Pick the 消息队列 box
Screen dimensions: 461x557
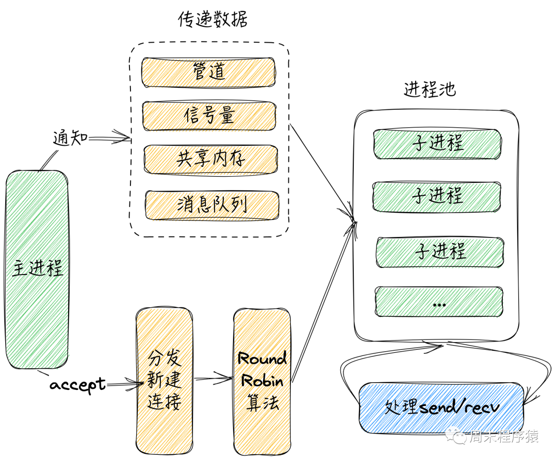(x=211, y=204)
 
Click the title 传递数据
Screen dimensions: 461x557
(x=212, y=20)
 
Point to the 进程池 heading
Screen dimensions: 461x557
(x=430, y=90)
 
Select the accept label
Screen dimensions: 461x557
(x=77, y=384)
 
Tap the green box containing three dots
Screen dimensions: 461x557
(x=439, y=302)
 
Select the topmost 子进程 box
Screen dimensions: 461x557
(x=437, y=143)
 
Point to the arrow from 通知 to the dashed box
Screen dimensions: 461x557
(x=109, y=138)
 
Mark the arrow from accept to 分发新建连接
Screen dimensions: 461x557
(x=124, y=383)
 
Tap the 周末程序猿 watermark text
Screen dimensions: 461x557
(x=503, y=437)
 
